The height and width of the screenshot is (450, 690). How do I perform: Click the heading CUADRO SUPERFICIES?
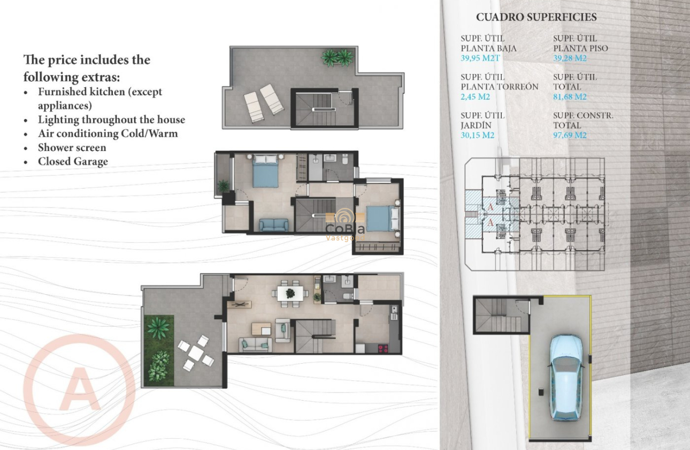click(536, 17)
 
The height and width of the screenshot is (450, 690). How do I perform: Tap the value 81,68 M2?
click(570, 97)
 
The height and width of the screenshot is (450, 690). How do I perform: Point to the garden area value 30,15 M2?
click(478, 136)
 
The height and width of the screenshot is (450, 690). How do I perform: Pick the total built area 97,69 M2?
click(570, 136)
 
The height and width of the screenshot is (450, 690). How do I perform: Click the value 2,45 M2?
click(476, 97)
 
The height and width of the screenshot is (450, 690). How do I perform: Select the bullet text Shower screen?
click(72, 148)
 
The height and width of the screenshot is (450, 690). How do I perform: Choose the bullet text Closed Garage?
click(73, 162)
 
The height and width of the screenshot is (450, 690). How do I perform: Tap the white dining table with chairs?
click(290, 293)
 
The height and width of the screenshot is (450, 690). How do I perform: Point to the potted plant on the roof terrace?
click(338, 57)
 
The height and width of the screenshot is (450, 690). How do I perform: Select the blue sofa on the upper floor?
click(274, 225)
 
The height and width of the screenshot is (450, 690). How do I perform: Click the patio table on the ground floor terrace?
click(196, 353)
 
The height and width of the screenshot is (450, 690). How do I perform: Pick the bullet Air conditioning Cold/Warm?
click(107, 134)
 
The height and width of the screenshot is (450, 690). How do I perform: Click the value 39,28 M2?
click(570, 58)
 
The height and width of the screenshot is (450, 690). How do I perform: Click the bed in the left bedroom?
click(265, 171)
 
